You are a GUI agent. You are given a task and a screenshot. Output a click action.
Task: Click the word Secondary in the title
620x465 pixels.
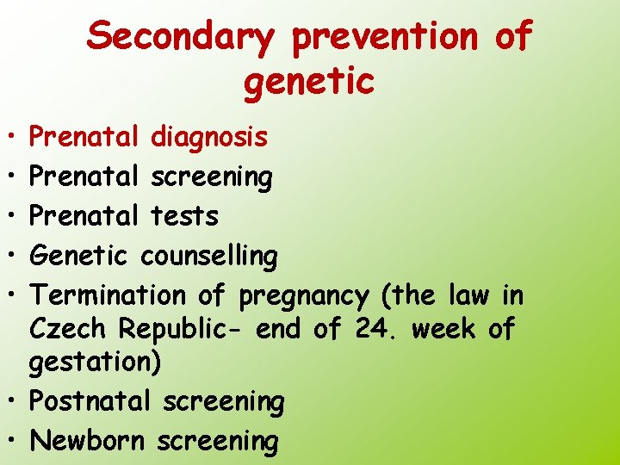182,37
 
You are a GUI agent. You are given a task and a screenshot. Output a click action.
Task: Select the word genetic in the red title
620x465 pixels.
309,81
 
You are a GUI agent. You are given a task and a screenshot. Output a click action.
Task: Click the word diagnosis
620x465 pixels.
208,137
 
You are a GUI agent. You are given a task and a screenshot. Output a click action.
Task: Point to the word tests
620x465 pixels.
184,215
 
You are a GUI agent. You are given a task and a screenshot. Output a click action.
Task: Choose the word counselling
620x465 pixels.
208,256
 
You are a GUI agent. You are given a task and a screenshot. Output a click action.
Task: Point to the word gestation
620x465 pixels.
90,363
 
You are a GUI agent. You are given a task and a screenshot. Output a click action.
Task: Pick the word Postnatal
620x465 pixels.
92,401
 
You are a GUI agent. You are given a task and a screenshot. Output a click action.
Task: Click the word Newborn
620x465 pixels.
90,440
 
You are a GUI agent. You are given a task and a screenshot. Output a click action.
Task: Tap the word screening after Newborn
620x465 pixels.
217,442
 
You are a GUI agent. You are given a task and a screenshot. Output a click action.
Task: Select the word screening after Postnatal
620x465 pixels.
223,402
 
